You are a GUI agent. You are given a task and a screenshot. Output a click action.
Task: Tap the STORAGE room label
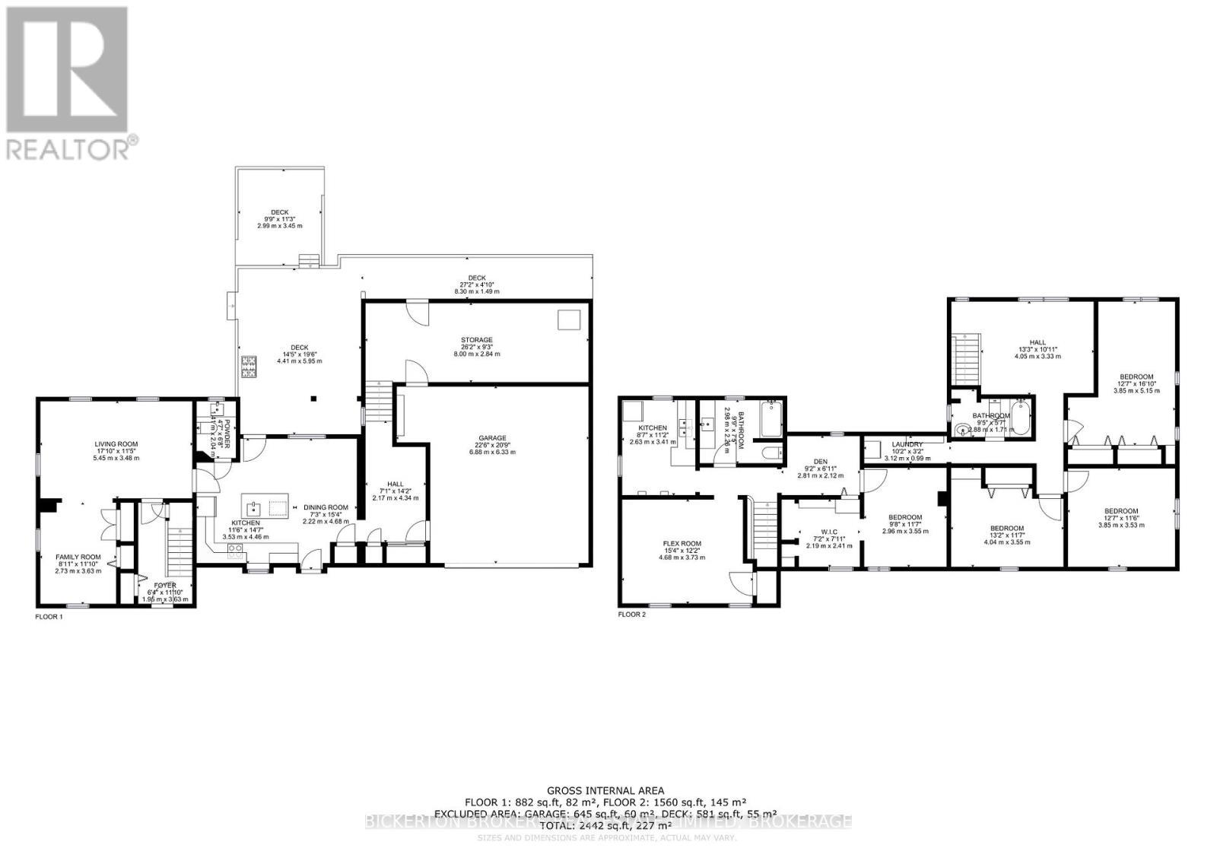[476, 340]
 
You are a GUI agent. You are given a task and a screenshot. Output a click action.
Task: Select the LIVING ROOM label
[116, 444]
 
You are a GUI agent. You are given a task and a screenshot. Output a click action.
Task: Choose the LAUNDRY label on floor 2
[907, 444]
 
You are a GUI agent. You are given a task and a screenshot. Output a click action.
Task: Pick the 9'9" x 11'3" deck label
[280, 213]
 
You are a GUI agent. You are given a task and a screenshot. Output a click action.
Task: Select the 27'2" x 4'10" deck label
[477, 278]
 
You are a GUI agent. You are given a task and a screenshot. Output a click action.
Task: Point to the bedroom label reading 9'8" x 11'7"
[905, 517]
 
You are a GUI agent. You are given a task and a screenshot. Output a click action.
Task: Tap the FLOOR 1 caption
[49, 617]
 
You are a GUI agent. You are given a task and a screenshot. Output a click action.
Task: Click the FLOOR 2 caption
[632, 614]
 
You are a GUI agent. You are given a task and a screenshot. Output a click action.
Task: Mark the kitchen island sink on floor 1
[253, 507]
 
